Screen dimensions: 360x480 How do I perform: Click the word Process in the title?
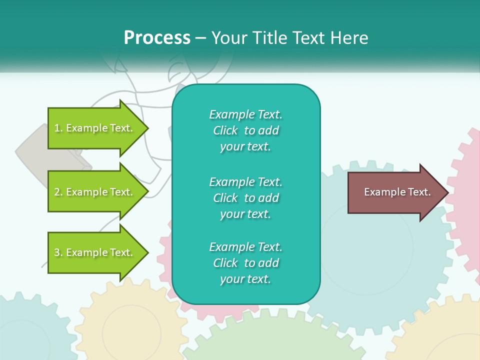coord(157,38)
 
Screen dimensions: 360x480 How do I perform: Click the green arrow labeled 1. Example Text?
coord(95,128)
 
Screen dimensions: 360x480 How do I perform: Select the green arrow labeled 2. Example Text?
coord(95,192)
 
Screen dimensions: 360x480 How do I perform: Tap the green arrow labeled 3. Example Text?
coord(95,252)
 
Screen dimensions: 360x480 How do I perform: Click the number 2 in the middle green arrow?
coord(57,192)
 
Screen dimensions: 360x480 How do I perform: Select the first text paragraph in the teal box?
coord(245,130)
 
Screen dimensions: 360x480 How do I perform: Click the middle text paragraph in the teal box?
coord(245,198)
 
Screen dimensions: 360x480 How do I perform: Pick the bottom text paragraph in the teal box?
coord(245,263)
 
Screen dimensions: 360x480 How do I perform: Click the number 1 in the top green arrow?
coord(57,128)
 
